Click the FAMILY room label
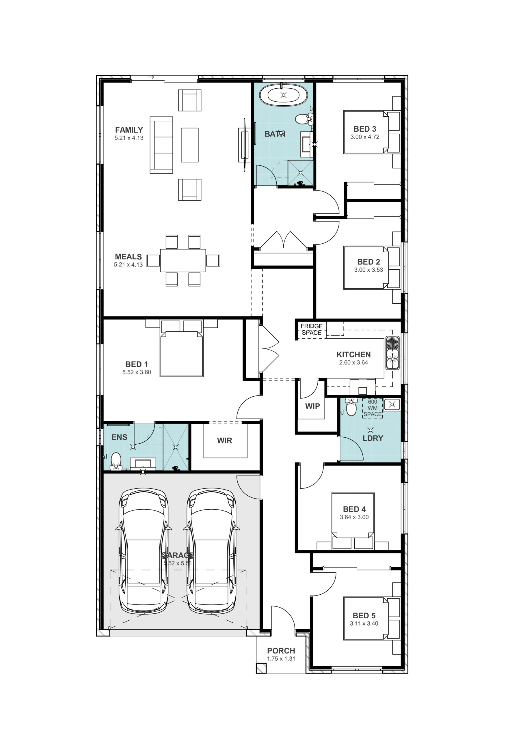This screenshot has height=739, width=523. [129, 130]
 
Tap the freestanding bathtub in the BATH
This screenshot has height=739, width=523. [283, 95]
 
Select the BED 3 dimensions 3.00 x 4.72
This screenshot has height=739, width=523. [365, 137]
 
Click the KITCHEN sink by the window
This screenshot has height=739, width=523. [392, 353]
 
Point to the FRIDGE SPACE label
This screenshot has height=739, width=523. [311, 329]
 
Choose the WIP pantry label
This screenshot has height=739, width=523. [312, 406]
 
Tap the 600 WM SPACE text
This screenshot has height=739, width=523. [373, 408]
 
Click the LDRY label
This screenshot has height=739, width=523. [373, 438]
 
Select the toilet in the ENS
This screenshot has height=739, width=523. [116, 462]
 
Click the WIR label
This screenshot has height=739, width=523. [224, 440]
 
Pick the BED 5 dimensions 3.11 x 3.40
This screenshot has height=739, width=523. [364, 624]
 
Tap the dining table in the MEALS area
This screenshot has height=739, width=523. [183, 260]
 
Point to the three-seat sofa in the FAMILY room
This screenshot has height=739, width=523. [161, 145]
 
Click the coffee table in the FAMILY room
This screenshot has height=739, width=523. [190, 145]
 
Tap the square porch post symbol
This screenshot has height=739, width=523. [261, 668]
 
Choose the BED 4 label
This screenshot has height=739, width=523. [354, 509]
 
